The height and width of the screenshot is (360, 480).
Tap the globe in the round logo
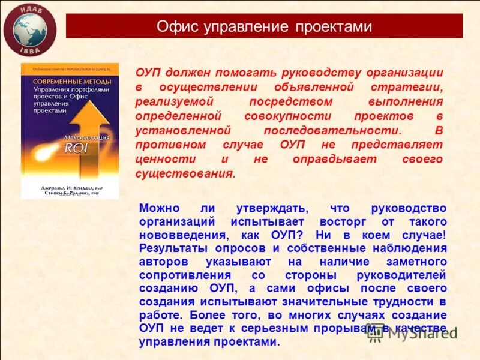pos(29,29)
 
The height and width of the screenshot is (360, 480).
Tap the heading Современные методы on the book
pos(63,81)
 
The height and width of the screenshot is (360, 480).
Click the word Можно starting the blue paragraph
pos(159,208)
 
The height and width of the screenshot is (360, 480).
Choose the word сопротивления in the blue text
pos(179,275)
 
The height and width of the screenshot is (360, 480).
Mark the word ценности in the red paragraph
pos(160,159)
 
